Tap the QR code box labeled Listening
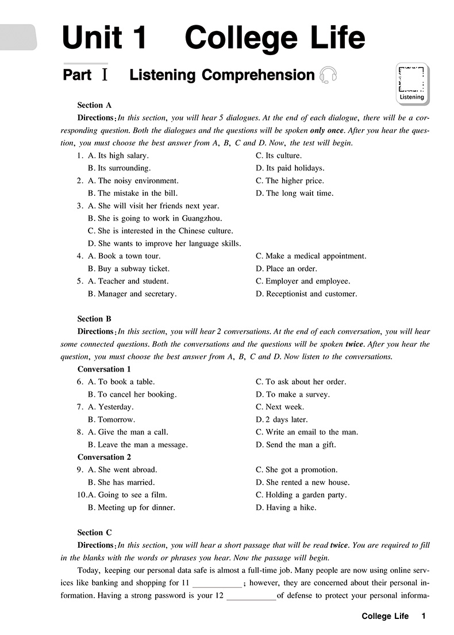point(411,83)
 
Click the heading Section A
point(94,105)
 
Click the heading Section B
point(94,319)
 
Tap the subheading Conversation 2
point(104,458)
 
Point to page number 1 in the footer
point(424,617)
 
